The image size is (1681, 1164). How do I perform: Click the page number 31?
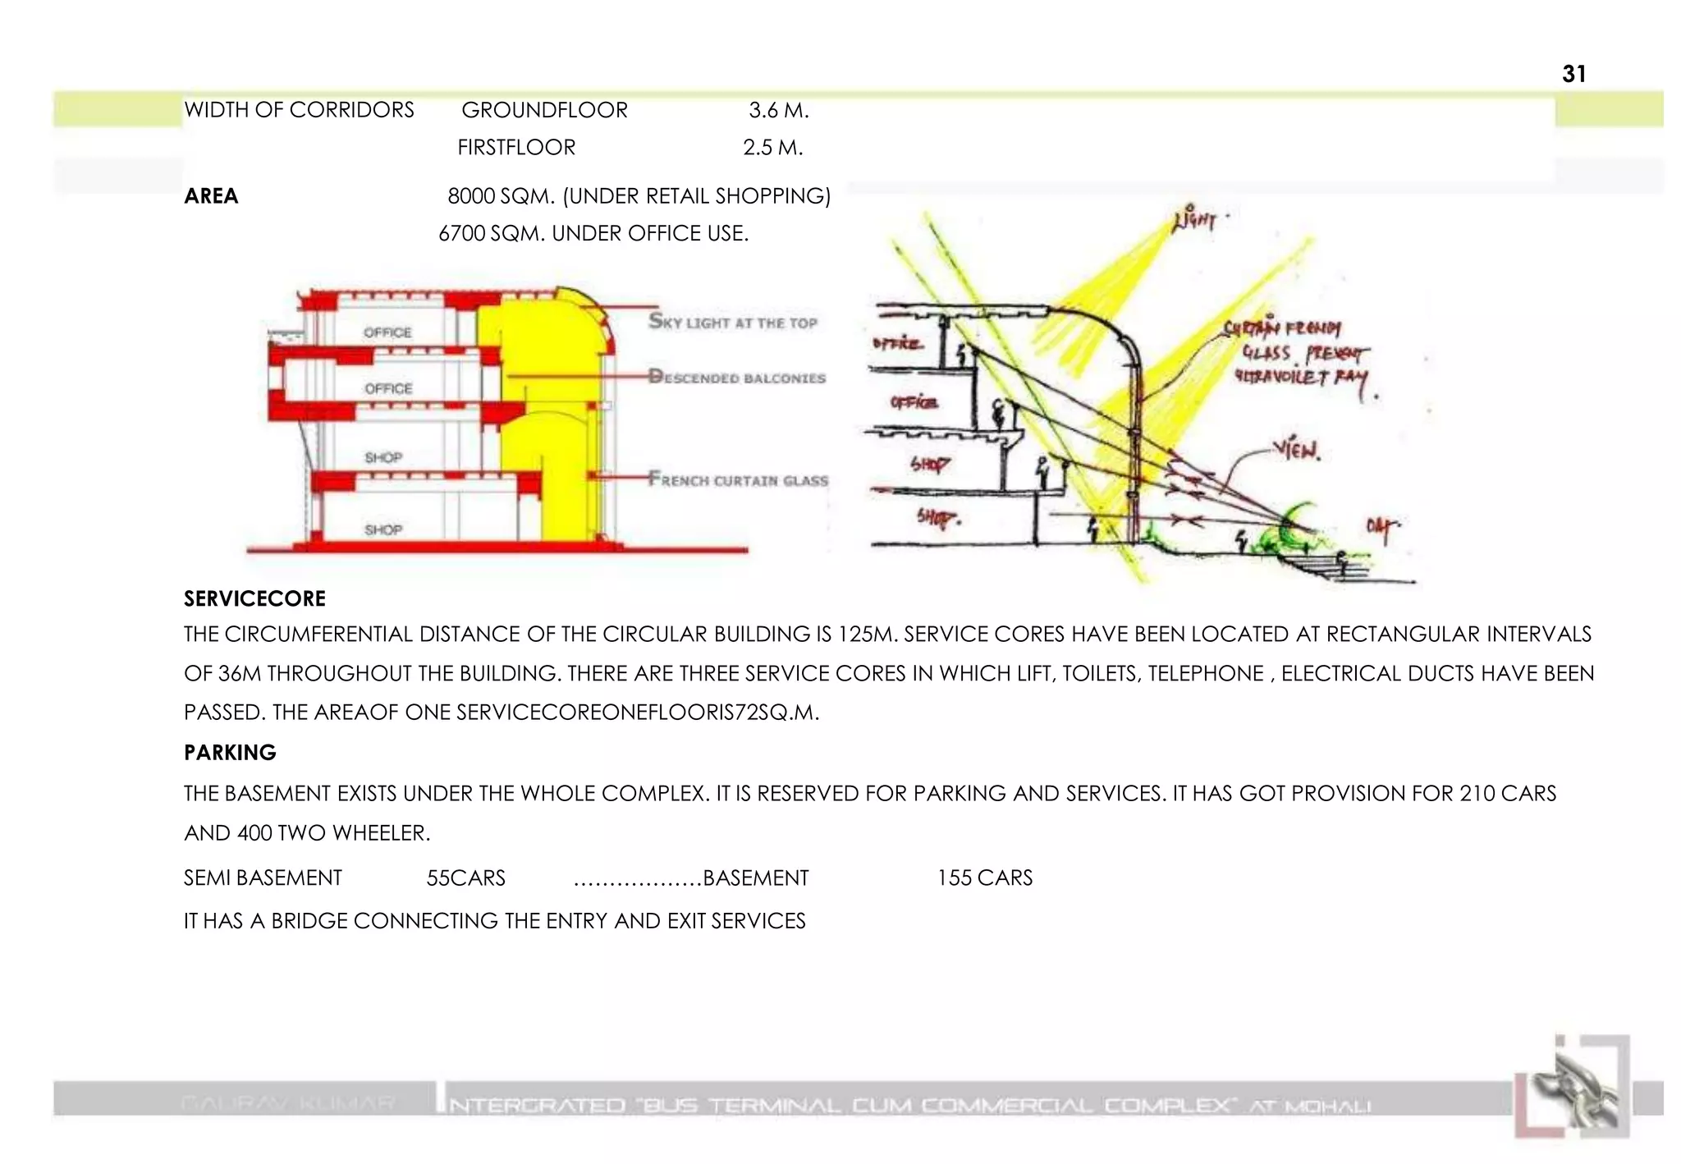(x=1573, y=74)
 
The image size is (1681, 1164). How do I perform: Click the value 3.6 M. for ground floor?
(x=778, y=110)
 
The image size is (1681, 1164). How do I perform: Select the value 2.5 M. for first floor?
(x=772, y=148)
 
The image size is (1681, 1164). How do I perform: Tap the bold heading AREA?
(x=211, y=196)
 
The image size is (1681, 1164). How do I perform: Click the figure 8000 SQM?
(x=501, y=196)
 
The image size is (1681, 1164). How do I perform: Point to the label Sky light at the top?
(x=733, y=322)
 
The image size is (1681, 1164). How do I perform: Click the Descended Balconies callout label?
(x=736, y=378)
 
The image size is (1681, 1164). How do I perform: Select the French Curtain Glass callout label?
(x=738, y=479)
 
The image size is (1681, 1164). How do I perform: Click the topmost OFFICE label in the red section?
(x=387, y=332)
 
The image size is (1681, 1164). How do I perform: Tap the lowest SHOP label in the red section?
(x=383, y=530)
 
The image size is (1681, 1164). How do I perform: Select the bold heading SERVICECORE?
(x=254, y=598)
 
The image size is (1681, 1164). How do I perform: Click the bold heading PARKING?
(x=230, y=753)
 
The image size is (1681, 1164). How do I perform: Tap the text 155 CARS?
(x=984, y=878)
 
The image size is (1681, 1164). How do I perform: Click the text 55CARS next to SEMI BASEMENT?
(x=465, y=878)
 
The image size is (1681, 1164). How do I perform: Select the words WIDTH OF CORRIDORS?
(x=299, y=110)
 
